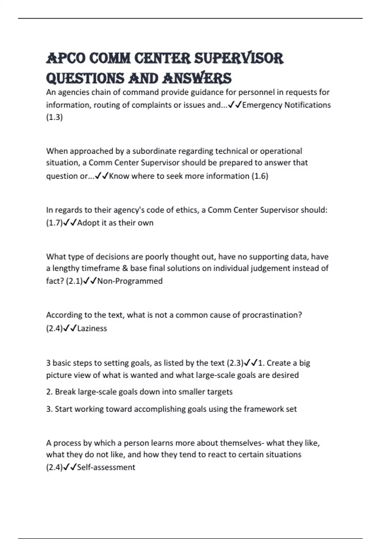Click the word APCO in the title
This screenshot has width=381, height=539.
(66, 59)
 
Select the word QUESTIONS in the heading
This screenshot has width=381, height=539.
(85, 78)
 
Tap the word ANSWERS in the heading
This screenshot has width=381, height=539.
(197, 78)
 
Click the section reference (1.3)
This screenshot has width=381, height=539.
(54, 117)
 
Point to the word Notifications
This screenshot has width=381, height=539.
(308, 105)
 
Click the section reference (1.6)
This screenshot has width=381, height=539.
(260, 176)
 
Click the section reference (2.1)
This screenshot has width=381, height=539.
(74, 281)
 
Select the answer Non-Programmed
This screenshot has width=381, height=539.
(130, 281)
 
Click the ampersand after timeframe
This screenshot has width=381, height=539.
(125, 268)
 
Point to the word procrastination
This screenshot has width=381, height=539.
(271, 315)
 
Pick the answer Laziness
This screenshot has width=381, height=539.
(92, 328)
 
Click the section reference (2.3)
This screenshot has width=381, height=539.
(235, 363)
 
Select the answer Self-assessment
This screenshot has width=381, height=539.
(106, 467)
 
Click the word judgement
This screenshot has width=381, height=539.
(270, 268)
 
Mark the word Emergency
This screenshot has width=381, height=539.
(262, 105)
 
